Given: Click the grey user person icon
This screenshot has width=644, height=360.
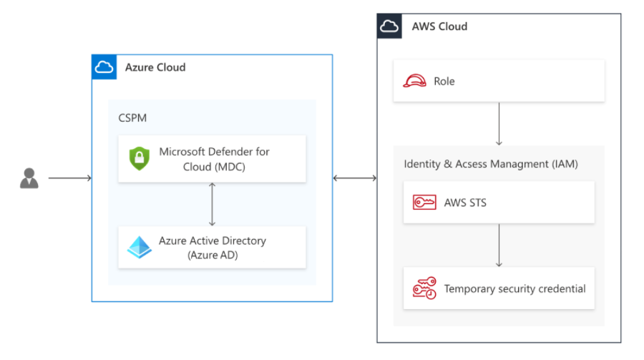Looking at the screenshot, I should pos(29,178).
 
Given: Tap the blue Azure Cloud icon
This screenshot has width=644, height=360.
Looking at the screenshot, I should pos(104,67).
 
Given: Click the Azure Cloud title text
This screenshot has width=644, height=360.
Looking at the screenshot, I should pos(155,67).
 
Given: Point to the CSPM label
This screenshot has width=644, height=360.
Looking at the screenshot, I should pos(132,117).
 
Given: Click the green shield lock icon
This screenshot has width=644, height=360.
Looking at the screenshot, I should pos(139,158).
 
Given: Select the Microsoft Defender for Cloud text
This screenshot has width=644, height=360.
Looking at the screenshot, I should pos(214,158).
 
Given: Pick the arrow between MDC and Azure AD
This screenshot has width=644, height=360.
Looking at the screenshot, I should pos(212,204).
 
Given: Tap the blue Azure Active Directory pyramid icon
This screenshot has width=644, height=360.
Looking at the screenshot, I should pos(139,248).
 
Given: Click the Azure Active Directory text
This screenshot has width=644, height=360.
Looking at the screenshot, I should pos(212,248).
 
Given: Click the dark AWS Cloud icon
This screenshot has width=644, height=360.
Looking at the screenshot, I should pos(389,26).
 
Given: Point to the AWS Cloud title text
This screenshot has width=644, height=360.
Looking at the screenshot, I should pos(439,26).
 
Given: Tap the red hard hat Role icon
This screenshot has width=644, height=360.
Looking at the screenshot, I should pos(415,81).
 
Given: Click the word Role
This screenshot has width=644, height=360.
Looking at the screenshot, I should pos(444,81).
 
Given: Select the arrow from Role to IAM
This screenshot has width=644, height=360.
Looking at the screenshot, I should pos(499,123).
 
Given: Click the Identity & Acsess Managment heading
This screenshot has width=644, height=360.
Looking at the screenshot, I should pos(491,164).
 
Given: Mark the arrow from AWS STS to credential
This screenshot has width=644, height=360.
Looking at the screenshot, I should pos(499,245).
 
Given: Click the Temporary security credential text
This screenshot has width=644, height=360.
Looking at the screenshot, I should pos(514,289).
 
